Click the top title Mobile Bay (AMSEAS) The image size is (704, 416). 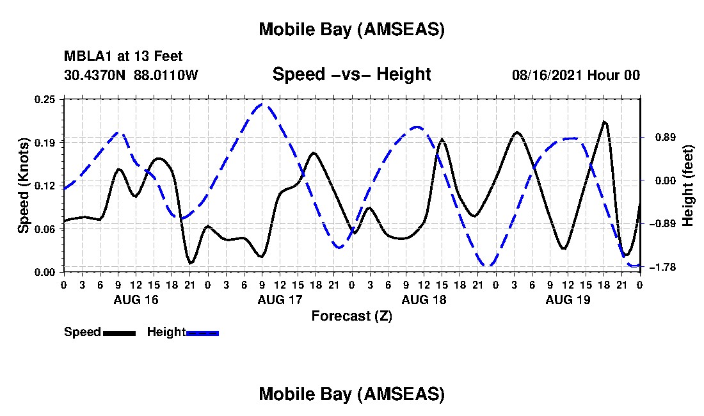[351, 29]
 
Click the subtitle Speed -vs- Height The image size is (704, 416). [351, 75]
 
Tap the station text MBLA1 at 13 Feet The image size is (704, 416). [124, 57]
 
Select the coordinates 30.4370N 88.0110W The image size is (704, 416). [131, 76]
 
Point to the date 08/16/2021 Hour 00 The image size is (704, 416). [576, 76]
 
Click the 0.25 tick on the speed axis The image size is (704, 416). [46, 99]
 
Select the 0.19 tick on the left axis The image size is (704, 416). [46, 142]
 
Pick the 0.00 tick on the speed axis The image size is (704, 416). [46, 272]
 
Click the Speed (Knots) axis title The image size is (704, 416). [24, 186]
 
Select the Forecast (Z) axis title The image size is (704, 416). [351, 316]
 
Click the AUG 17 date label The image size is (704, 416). [280, 300]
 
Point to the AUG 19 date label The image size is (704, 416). [568, 300]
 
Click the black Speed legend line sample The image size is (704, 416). [119, 333]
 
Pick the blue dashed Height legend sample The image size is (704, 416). [202, 333]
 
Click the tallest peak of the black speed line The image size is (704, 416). [604, 121]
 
